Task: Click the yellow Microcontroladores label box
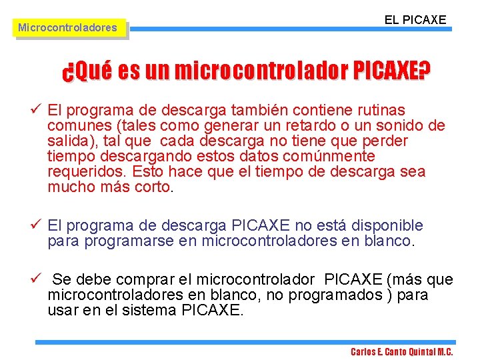pos(67,28)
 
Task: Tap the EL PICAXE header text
pos(415,20)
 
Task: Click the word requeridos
pos(87,172)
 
